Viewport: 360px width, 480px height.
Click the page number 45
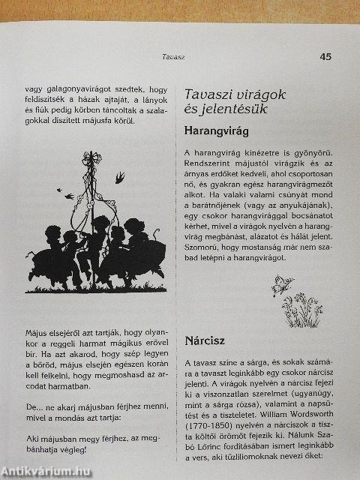coord(325,55)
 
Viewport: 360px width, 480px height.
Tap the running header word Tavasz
coord(174,56)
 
